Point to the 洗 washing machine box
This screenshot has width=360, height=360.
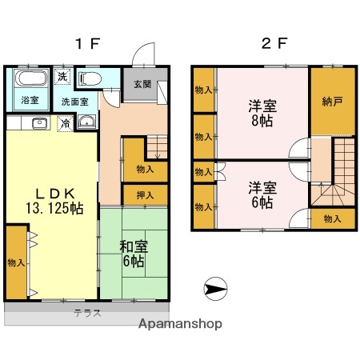63,78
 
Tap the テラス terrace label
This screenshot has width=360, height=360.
88,313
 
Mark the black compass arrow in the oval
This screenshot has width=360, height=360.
215,286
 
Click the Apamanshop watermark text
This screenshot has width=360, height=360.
181,325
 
